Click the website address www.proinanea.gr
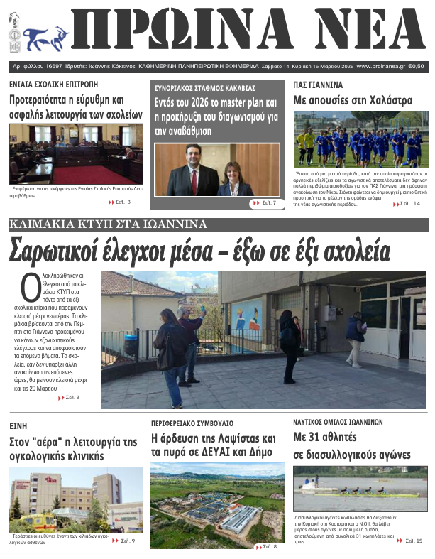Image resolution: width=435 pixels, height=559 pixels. point(380,65)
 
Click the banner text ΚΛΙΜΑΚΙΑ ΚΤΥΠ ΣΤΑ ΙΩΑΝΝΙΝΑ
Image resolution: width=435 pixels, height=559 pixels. point(108,225)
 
